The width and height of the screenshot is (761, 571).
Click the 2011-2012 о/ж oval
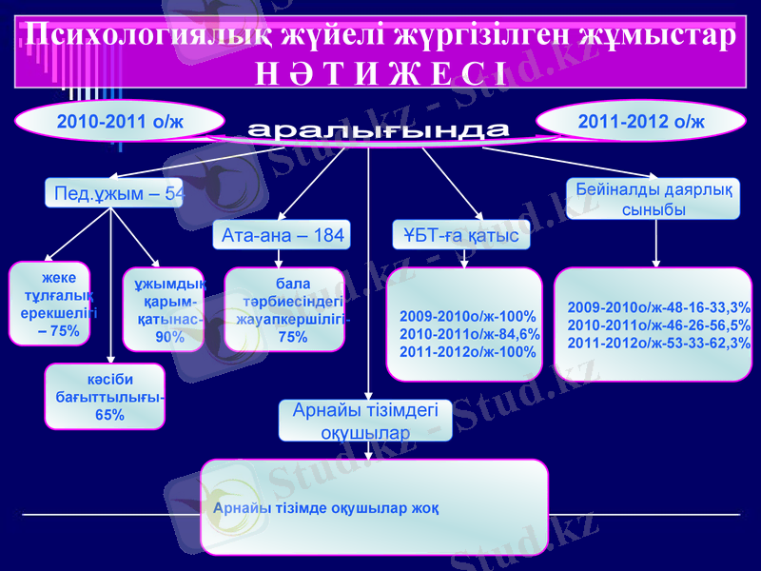641,122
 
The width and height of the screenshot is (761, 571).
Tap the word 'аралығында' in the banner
379,130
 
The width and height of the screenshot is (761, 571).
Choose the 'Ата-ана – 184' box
282,234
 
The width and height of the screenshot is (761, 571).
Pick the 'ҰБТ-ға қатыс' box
461,234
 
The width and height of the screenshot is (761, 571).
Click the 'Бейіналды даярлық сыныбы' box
654,199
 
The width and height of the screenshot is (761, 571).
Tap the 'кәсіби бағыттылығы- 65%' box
106,396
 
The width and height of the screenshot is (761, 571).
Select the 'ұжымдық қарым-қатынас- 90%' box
164,309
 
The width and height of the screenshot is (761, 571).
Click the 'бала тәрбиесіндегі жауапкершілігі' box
285,309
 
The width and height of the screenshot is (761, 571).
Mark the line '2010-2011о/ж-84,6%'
470,334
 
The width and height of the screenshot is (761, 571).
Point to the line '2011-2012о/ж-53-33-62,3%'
658,343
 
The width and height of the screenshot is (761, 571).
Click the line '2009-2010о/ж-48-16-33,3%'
658,307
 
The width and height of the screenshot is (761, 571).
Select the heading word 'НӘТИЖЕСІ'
380,71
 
